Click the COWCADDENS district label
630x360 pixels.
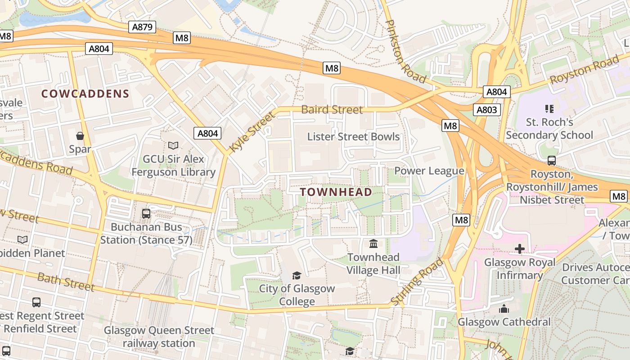tap(85, 94)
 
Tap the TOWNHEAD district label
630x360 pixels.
tap(336, 192)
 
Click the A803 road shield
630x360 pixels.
tap(486, 109)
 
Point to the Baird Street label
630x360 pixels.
tap(332, 109)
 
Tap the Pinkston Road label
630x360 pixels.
tap(406, 51)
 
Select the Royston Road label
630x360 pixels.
tap(584, 71)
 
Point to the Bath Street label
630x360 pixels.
tap(66, 282)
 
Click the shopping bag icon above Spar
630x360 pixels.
tap(80, 135)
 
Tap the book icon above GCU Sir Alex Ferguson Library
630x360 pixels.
tap(173, 145)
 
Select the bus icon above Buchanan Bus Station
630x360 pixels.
tap(146, 214)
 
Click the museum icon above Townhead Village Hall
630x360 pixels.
tap(373, 244)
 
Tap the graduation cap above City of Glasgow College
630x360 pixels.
tap(297, 275)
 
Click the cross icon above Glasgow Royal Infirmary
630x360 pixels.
tap(520, 248)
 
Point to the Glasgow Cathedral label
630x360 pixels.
tap(504, 322)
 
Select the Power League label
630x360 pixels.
tap(429, 171)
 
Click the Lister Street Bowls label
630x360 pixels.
tap(353, 136)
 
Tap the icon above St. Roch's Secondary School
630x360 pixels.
tap(549, 108)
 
